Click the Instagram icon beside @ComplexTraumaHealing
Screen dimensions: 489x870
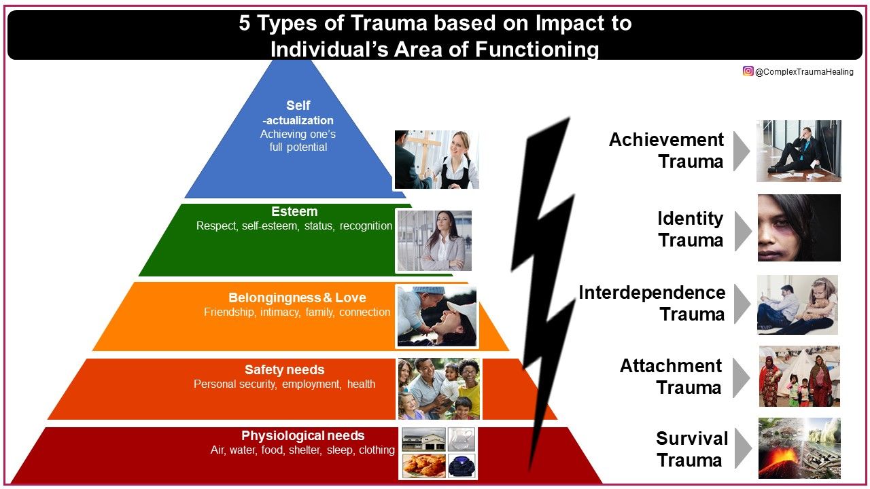tap(748, 71)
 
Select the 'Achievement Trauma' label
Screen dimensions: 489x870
tap(666, 151)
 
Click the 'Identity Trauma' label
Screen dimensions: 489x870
tap(690, 230)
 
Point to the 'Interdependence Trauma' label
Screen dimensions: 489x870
tap(652, 304)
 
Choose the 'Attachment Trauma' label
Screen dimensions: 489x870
tap(671, 377)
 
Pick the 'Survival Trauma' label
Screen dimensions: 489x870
tap(691, 449)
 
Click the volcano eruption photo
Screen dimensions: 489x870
tap(799, 448)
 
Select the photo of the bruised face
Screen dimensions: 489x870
tap(799, 228)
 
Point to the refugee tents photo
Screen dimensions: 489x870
tap(799, 376)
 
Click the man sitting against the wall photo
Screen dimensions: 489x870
tap(799, 151)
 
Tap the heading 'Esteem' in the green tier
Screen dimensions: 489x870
tap(294, 212)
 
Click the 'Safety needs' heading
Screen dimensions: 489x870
tap(284, 370)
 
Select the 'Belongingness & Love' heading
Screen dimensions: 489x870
tap(297, 298)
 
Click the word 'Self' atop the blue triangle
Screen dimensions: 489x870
tap(298, 106)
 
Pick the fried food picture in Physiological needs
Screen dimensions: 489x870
tap(424, 465)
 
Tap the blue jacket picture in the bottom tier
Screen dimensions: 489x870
tap(462, 465)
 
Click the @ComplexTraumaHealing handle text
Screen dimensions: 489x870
tap(804, 72)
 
